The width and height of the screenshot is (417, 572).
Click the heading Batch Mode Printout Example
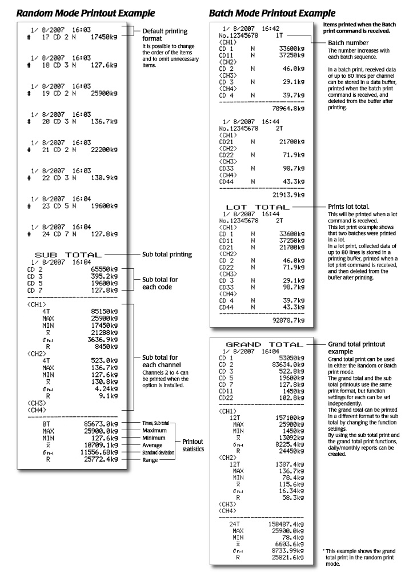coord(271,12)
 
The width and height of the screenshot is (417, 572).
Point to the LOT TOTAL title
coord(258,206)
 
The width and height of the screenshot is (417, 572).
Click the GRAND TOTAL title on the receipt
coord(264,345)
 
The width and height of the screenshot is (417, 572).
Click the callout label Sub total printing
coord(166,254)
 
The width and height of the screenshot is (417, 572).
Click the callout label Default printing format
coord(165,34)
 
